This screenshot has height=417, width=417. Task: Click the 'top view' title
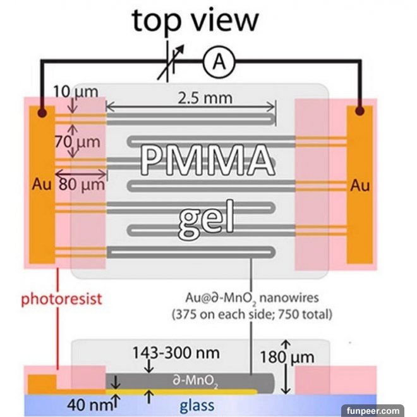(195, 20)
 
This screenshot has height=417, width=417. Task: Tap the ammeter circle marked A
(219, 61)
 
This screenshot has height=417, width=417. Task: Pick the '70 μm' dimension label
(76, 141)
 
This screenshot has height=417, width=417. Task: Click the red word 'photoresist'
(61, 298)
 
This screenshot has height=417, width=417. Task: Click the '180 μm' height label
(287, 358)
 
